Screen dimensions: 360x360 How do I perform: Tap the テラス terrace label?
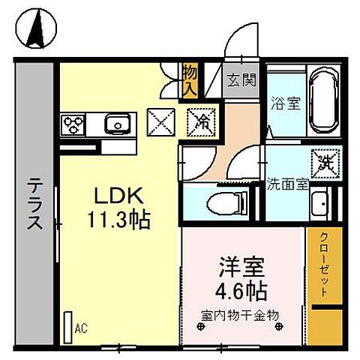point(34,202)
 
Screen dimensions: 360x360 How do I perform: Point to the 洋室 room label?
point(241,267)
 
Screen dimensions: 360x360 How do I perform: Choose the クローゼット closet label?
point(325,266)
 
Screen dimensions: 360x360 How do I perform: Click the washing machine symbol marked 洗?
point(326,159)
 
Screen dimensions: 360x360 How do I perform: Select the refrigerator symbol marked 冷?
point(202,120)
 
